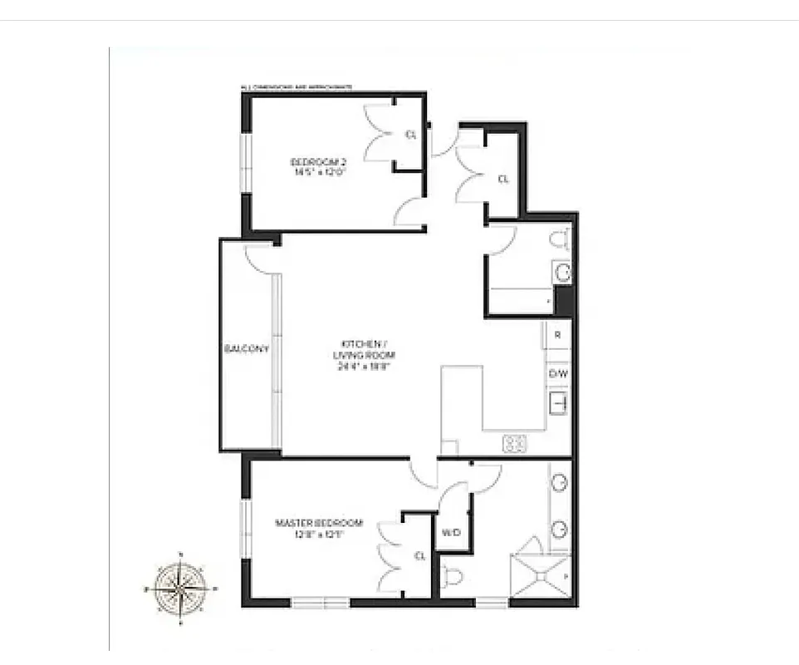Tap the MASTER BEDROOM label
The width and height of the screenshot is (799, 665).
[319, 523]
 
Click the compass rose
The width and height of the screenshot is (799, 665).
[180, 589]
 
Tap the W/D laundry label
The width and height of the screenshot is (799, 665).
[451, 532]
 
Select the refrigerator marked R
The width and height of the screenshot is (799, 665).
[558, 336]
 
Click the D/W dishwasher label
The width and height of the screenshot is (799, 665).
[558, 373]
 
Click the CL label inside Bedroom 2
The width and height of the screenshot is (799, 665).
[410, 135]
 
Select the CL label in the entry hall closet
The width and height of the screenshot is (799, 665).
[502, 179]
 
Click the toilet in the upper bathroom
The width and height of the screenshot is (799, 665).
[560, 240]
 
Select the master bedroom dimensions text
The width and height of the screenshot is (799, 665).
[319, 534]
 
